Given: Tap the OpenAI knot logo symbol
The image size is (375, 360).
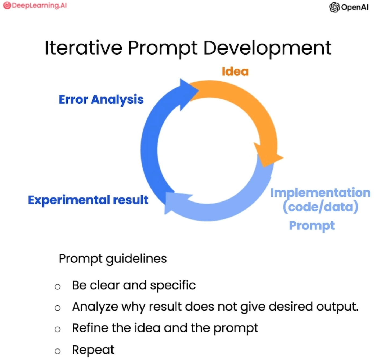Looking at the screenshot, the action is pos(334,7).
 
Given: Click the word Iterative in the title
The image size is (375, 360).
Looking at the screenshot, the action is pos(83,48).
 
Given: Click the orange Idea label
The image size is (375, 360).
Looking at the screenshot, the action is pos(235,71).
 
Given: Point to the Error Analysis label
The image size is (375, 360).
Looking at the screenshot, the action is pos(101,100).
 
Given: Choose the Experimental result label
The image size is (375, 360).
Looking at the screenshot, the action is pos(88,200).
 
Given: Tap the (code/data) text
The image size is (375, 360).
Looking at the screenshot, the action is pos(320,207).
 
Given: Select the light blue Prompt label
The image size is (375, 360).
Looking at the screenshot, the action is pos(312,225).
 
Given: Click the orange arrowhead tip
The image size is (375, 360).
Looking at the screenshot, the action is pos(283,157).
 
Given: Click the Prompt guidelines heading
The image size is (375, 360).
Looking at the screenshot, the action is pos(113,259).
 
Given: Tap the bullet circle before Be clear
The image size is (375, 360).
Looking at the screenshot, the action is pos(57,287).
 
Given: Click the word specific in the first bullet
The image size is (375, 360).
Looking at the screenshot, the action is pos(173,285).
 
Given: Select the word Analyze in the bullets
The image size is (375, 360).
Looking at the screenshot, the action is pos(95,307).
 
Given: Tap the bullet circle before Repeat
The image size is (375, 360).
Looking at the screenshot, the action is pos(57,351).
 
